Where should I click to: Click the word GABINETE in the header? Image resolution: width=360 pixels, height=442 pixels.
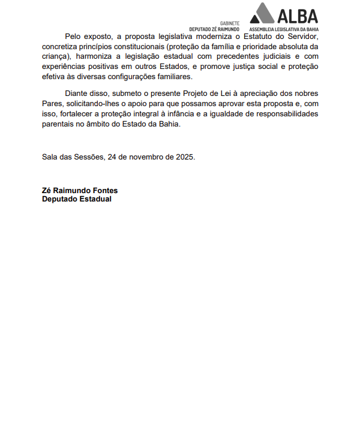[x=230, y=23]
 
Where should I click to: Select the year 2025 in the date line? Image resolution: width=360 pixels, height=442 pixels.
[x=185, y=157]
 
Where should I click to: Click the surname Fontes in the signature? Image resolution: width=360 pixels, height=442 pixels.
[x=104, y=190]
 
